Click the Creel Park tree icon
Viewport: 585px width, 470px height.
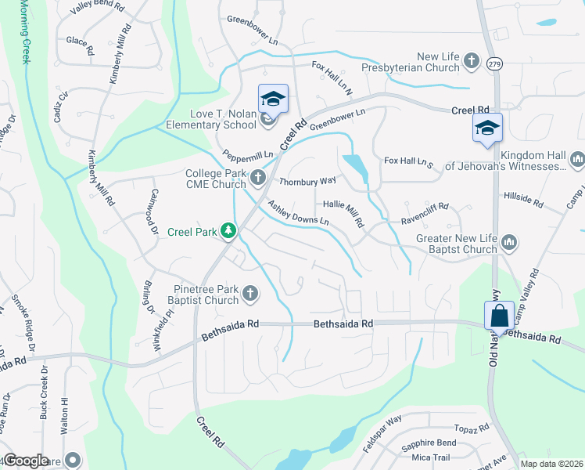pos(228,231)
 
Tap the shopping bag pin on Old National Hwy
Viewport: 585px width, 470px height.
pos(499,316)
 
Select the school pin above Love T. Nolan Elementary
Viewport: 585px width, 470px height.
pos(273,99)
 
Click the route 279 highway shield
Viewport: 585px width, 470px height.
pos(493,63)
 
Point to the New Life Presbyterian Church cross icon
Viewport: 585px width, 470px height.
pos(471,60)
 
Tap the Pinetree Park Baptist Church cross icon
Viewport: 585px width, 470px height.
pos(249,294)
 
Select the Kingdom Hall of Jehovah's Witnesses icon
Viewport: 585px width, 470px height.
pos(578,160)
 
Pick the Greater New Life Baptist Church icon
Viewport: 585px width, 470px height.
pos(509,243)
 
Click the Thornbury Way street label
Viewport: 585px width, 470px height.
pos(307,180)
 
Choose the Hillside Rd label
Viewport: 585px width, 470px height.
pos(523,199)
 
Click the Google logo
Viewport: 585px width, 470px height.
pos(26,461)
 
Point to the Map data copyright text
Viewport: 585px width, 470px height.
pos(551,464)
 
